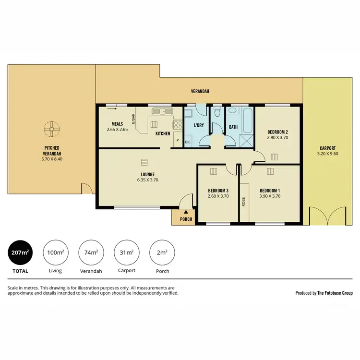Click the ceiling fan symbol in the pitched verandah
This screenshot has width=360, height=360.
tap(50, 128)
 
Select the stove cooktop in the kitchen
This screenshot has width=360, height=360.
tap(178, 124)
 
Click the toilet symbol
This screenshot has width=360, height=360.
tap(217, 113)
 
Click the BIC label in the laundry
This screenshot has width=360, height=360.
tap(188, 143)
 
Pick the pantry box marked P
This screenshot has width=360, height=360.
tap(177, 140)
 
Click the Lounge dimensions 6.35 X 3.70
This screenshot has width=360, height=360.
tap(147, 180)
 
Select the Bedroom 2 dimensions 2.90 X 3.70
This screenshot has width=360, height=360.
tap(277, 138)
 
